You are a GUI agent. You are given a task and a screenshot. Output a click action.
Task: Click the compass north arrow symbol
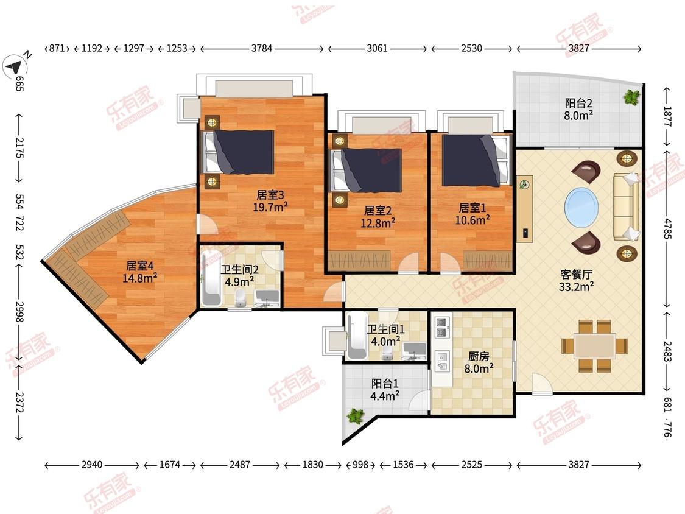pyautogui.click(x=15, y=67)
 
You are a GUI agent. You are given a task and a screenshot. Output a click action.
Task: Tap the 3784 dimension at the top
pyautogui.click(x=262, y=48)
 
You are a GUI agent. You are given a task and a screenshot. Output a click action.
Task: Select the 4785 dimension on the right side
pyautogui.click(x=667, y=228)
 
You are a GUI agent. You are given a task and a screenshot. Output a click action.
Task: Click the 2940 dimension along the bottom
pyautogui.click(x=92, y=465)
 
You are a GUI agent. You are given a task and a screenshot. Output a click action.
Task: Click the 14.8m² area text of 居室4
pyautogui.click(x=140, y=278)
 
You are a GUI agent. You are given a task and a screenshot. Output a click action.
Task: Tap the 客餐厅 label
pyautogui.click(x=576, y=275)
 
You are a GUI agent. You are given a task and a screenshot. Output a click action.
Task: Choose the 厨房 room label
pyautogui.click(x=479, y=357)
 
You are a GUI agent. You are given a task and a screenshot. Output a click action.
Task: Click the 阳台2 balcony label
pyautogui.click(x=578, y=103)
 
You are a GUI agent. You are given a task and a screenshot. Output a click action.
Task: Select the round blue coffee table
pyautogui.click(x=581, y=208)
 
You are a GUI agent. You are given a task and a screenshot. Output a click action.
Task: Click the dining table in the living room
pyautogui.click(x=595, y=346)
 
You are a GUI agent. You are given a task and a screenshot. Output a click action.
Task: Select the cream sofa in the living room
pyautogui.click(x=626, y=206)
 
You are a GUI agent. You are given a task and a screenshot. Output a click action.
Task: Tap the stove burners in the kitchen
pyautogui.click(x=442, y=328)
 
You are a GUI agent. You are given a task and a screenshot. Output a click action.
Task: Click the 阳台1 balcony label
pyautogui.click(x=385, y=383)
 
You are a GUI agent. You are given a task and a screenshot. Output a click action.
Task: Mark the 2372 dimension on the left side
pyautogui.click(x=19, y=402)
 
